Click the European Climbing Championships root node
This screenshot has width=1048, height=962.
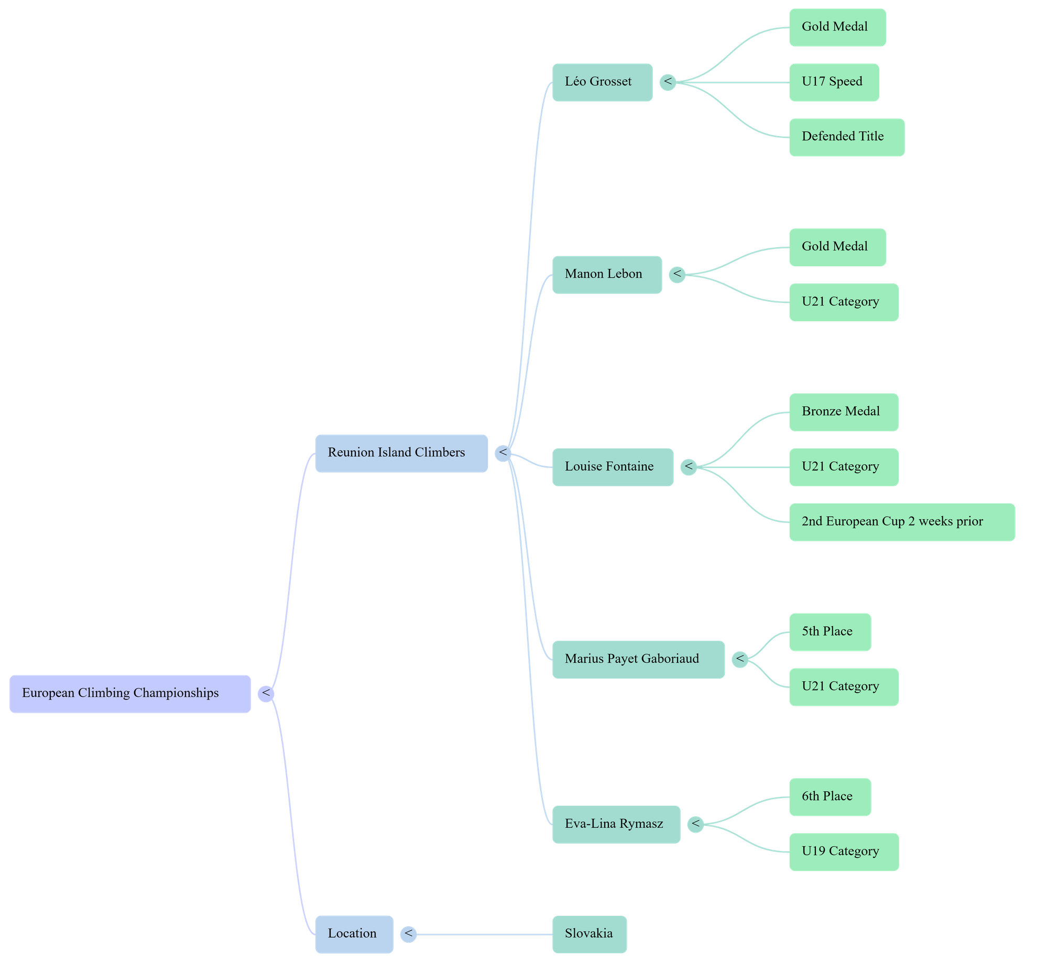pos(130,694)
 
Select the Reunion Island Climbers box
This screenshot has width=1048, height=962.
pos(401,453)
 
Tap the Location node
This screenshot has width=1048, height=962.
pos(354,934)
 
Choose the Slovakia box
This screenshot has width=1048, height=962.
pos(589,934)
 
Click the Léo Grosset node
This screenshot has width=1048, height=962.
pos(602,82)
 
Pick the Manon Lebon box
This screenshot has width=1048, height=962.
pos(607,275)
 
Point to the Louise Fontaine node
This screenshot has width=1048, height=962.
pos(613,467)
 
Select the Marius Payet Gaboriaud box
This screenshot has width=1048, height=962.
pos(638,659)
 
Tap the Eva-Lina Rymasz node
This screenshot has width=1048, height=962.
pos(616,824)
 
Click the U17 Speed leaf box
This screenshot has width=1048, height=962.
pos(834,82)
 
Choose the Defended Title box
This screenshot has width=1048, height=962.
pos(846,137)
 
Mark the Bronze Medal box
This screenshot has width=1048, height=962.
pos(844,412)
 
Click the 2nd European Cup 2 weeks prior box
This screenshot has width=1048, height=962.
pos(902,522)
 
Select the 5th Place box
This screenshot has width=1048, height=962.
pos(830,632)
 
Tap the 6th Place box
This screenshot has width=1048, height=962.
pos(830,797)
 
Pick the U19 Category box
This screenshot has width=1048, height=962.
pos(844,852)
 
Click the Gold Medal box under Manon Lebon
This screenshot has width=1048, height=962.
pos(837,247)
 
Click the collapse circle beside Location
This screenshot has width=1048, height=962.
pos(408,934)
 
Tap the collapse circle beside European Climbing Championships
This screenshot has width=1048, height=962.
pos(266,694)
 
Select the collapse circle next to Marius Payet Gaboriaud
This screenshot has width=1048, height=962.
pos(740,659)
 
